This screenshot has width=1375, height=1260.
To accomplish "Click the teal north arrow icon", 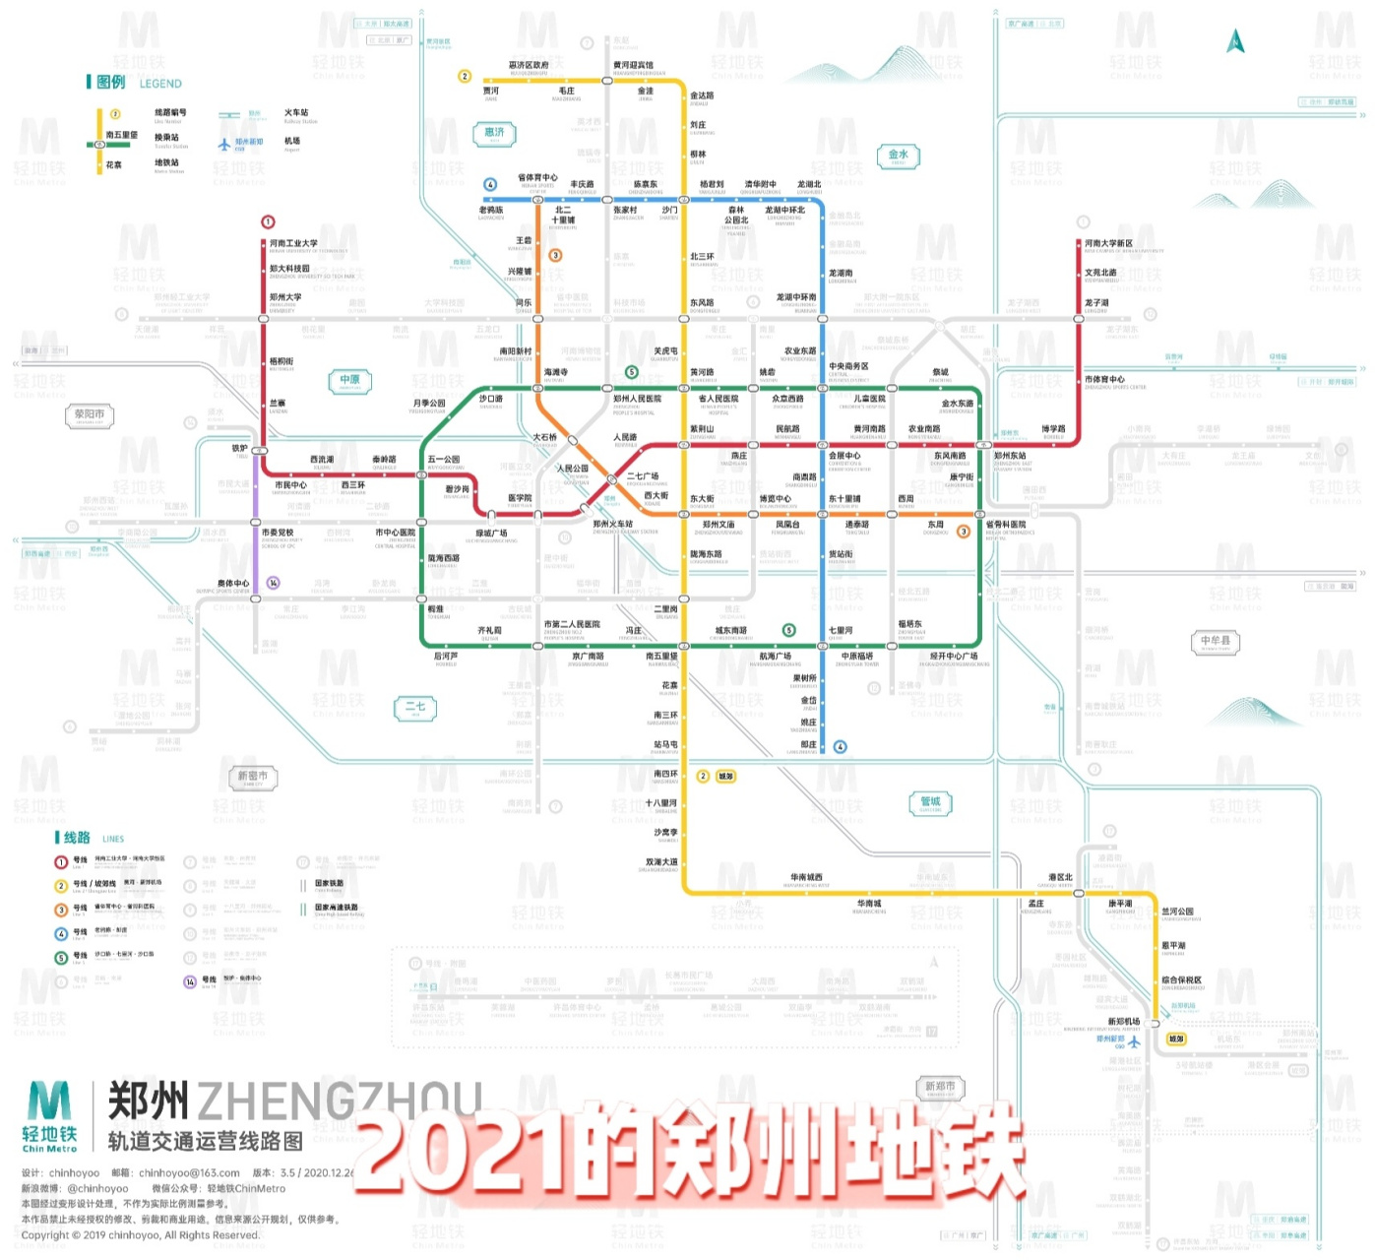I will tap(1235, 41).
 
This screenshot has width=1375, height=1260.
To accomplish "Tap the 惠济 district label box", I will tap(494, 133).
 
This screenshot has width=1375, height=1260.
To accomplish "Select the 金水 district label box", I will tap(898, 156).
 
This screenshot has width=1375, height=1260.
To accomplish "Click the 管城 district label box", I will tap(930, 803).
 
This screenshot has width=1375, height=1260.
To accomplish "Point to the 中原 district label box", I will tap(350, 380).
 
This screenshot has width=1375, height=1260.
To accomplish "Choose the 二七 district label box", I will tap(415, 708).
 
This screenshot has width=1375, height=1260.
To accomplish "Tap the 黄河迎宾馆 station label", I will tap(633, 65).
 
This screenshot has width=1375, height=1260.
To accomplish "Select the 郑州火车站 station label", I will tap(613, 525).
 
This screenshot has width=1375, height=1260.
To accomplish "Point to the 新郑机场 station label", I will tap(1124, 1022).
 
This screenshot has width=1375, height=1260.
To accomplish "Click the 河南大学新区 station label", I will tap(1109, 243).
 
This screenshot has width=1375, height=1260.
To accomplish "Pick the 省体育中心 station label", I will tap(537, 178).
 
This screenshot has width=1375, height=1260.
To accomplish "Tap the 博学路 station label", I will tap(1053, 429).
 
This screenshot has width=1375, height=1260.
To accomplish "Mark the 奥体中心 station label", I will tap(234, 584).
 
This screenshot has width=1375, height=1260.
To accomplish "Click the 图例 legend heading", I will tap(110, 83).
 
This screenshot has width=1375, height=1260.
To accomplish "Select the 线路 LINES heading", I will tap(76, 838).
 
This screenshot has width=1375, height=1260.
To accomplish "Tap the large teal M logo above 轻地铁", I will tap(49, 1102).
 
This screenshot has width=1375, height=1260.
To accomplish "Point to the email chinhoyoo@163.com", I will tap(189, 1173).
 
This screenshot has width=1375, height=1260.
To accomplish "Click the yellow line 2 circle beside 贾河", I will tap(465, 76).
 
